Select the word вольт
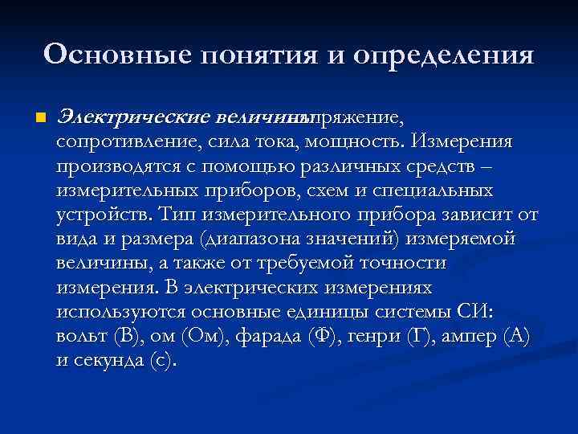click(81, 336)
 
